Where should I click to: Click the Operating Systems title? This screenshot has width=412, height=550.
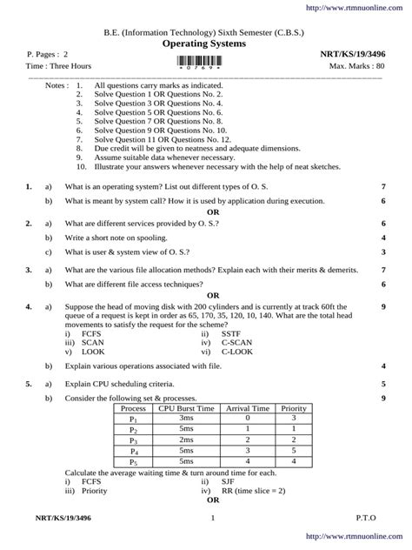coord(205,42)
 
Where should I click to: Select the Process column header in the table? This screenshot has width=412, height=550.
coord(133,406)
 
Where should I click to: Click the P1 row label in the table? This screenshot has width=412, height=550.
coord(133,418)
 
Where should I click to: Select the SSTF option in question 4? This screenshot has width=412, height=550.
coord(230,333)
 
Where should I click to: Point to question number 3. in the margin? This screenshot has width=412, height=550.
coord(29,270)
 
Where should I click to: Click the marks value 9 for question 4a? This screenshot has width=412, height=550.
coord(383,306)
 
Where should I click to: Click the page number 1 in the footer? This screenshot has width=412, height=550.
coord(211,520)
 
